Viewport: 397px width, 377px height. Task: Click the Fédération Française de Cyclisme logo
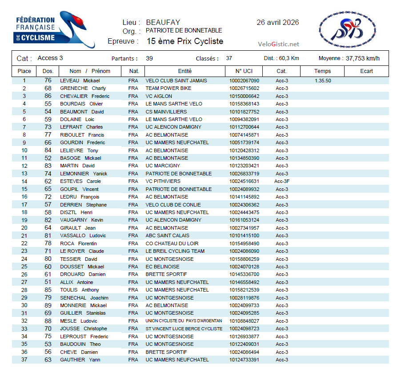(53, 29)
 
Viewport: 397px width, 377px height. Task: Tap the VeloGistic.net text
(278, 44)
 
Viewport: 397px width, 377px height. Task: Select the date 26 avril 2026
(277, 22)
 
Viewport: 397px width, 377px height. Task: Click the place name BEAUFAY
(163, 22)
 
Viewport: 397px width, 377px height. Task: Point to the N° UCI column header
(243, 71)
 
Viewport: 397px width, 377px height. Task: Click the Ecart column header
(366, 71)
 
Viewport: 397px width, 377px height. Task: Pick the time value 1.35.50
(323, 81)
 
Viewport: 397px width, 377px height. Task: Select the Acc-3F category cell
(282, 181)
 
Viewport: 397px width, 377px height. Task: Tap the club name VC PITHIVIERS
(163, 181)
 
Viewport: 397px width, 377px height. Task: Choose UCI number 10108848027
(244, 321)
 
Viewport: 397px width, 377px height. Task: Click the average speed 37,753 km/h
(362, 58)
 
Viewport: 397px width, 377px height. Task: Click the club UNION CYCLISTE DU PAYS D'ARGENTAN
(184, 321)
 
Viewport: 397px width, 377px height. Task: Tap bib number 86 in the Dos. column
(48, 96)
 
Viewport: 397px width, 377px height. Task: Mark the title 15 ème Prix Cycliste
(185, 41)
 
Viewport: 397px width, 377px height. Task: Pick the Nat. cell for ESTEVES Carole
(133, 181)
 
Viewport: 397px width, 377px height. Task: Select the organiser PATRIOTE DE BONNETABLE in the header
(184, 31)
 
